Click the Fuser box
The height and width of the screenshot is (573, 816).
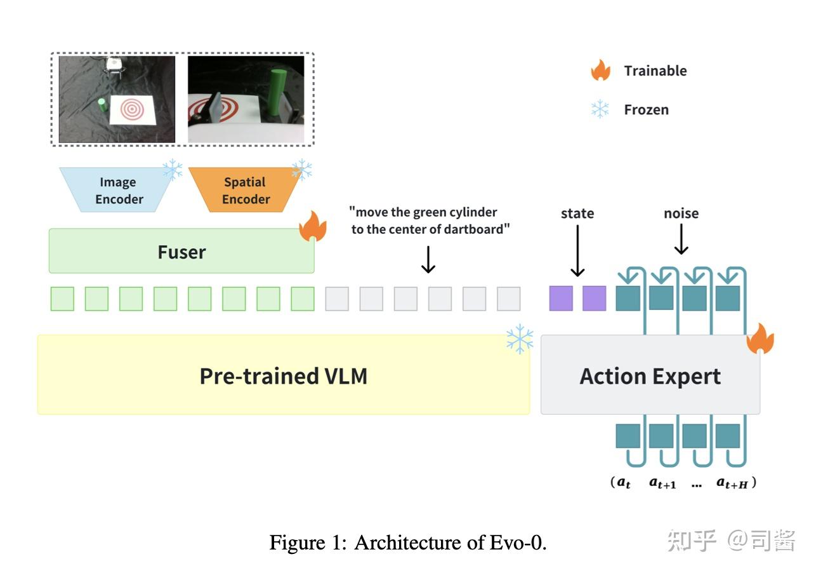[181, 252]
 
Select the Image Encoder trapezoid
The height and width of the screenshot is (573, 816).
[119, 190]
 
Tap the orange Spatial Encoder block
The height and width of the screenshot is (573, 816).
[246, 190]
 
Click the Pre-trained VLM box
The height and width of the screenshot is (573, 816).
[283, 375]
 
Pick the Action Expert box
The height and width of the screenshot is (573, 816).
[650, 376]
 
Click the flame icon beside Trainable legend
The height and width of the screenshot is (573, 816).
[600, 70]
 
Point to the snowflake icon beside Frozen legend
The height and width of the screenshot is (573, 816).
[600, 109]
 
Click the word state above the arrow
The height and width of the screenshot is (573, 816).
[577, 213]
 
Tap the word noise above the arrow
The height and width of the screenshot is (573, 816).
[681, 213]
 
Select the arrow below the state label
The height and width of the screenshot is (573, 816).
[577, 252]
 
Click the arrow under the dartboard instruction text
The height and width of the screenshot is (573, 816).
[428, 259]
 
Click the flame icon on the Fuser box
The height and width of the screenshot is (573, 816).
[313, 227]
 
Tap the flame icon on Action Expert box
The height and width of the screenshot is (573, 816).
[760, 339]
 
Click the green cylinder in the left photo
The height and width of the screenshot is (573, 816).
[102, 105]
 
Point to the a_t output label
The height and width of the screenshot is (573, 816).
[624, 483]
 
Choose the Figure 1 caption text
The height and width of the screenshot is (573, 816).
[407, 543]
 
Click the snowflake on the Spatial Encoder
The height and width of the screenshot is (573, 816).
[301, 170]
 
